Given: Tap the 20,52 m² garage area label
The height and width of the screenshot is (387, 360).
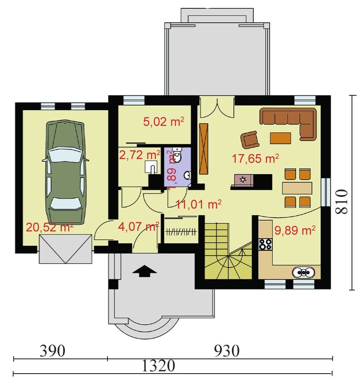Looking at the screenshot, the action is point(50,227).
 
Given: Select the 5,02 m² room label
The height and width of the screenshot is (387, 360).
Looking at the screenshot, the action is point(164,122).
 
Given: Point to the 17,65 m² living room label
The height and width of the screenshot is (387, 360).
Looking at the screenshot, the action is point(255,158).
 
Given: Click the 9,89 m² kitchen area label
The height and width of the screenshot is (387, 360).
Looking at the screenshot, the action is point(295,230).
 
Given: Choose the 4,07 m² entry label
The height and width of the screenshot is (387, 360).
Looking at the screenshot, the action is point(139,226).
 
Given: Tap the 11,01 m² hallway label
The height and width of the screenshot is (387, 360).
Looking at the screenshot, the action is point(199,204).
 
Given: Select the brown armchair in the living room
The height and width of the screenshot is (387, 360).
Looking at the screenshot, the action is point(250,140).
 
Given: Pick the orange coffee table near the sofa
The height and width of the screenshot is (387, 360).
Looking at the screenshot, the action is point(280,138).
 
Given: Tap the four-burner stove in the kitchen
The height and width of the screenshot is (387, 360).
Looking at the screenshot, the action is point(265,244).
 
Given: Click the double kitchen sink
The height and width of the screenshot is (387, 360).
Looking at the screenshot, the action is point(303,272).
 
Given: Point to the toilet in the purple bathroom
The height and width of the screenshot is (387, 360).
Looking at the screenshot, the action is point(177,155).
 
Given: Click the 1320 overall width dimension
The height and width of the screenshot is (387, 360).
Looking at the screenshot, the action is point(158,366).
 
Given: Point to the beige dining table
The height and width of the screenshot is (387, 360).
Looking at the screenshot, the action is point(297,188).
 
